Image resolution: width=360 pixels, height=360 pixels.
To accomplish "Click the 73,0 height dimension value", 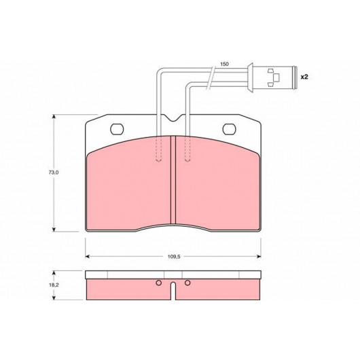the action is (x=54, y=173).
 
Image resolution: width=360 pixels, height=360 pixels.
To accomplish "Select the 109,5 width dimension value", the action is (x=174, y=257).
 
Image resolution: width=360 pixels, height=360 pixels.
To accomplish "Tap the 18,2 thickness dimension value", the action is (x=54, y=285).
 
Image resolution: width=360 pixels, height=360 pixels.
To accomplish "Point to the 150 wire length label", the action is (x=224, y=64).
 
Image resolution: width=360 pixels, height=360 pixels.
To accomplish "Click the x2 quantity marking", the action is (x=304, y=77).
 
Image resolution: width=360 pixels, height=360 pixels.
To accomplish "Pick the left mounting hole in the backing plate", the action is (x=117, y=129).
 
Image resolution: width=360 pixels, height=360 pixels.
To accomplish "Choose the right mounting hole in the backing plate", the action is (x=229, y=129).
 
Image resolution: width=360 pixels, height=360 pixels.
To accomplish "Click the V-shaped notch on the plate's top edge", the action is (x=174, y=118).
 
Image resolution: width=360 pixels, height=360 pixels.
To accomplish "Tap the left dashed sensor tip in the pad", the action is (x=159, y=149).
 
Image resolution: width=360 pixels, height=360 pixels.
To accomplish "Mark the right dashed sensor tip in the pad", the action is (x=187, y=149).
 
